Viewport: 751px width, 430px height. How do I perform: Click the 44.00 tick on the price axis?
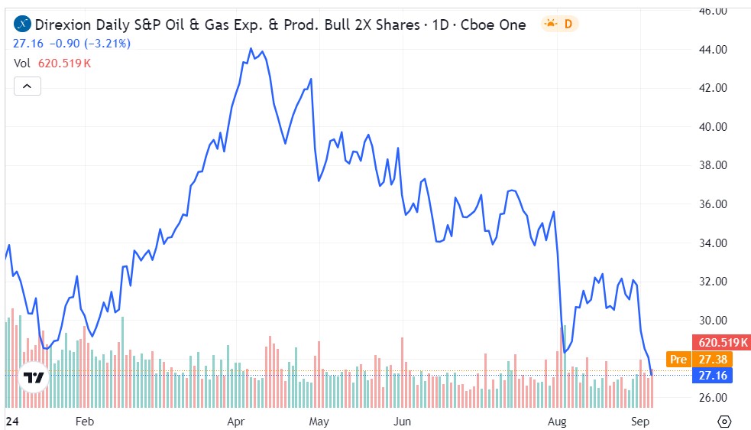tap(712, 50)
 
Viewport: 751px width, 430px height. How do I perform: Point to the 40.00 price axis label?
tap(712, 127)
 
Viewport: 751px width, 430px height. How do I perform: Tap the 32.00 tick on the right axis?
tap(712, 282)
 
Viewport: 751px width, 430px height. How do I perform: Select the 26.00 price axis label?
tap(712, 398)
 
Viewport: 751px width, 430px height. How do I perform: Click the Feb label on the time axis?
tap(84, 421)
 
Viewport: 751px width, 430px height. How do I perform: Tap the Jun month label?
tap(402, 421)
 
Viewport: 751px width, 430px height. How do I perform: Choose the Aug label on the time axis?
tap(558, 421)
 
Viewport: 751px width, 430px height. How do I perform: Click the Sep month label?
tap(640, 421)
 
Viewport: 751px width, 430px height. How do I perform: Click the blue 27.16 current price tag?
tap(711, 375)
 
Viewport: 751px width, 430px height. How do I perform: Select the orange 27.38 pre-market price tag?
tap(711, 359)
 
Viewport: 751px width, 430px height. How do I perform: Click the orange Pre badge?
tap(677, 359)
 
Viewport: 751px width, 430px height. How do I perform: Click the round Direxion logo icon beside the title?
tap(24, 24)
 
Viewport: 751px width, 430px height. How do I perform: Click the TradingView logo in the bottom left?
tap(34, 377)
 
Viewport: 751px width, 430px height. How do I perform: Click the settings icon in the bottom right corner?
tap(725, 421)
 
